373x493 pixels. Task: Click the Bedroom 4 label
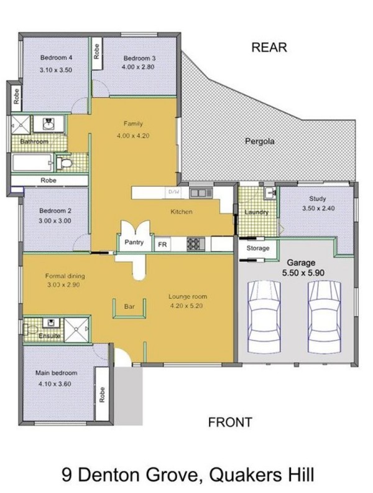point(56,57)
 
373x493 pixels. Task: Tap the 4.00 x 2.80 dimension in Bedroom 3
point(138,67)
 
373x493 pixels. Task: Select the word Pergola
point(260,141)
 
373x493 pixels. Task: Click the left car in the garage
point(264,317)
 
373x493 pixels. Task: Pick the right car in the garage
point(325,317)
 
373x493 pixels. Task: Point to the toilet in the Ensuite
point(30,329)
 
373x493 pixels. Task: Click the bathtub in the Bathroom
point(32,162)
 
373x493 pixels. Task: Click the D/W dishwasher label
point(174,192)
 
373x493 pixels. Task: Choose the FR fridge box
point(162,244)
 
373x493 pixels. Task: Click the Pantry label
point(134,242)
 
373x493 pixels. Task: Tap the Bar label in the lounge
point(129,306)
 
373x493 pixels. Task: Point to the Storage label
point(258,248)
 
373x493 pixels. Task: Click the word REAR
point(269,47)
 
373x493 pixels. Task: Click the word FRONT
point(230,422)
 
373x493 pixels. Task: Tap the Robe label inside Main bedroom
point(102,394)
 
